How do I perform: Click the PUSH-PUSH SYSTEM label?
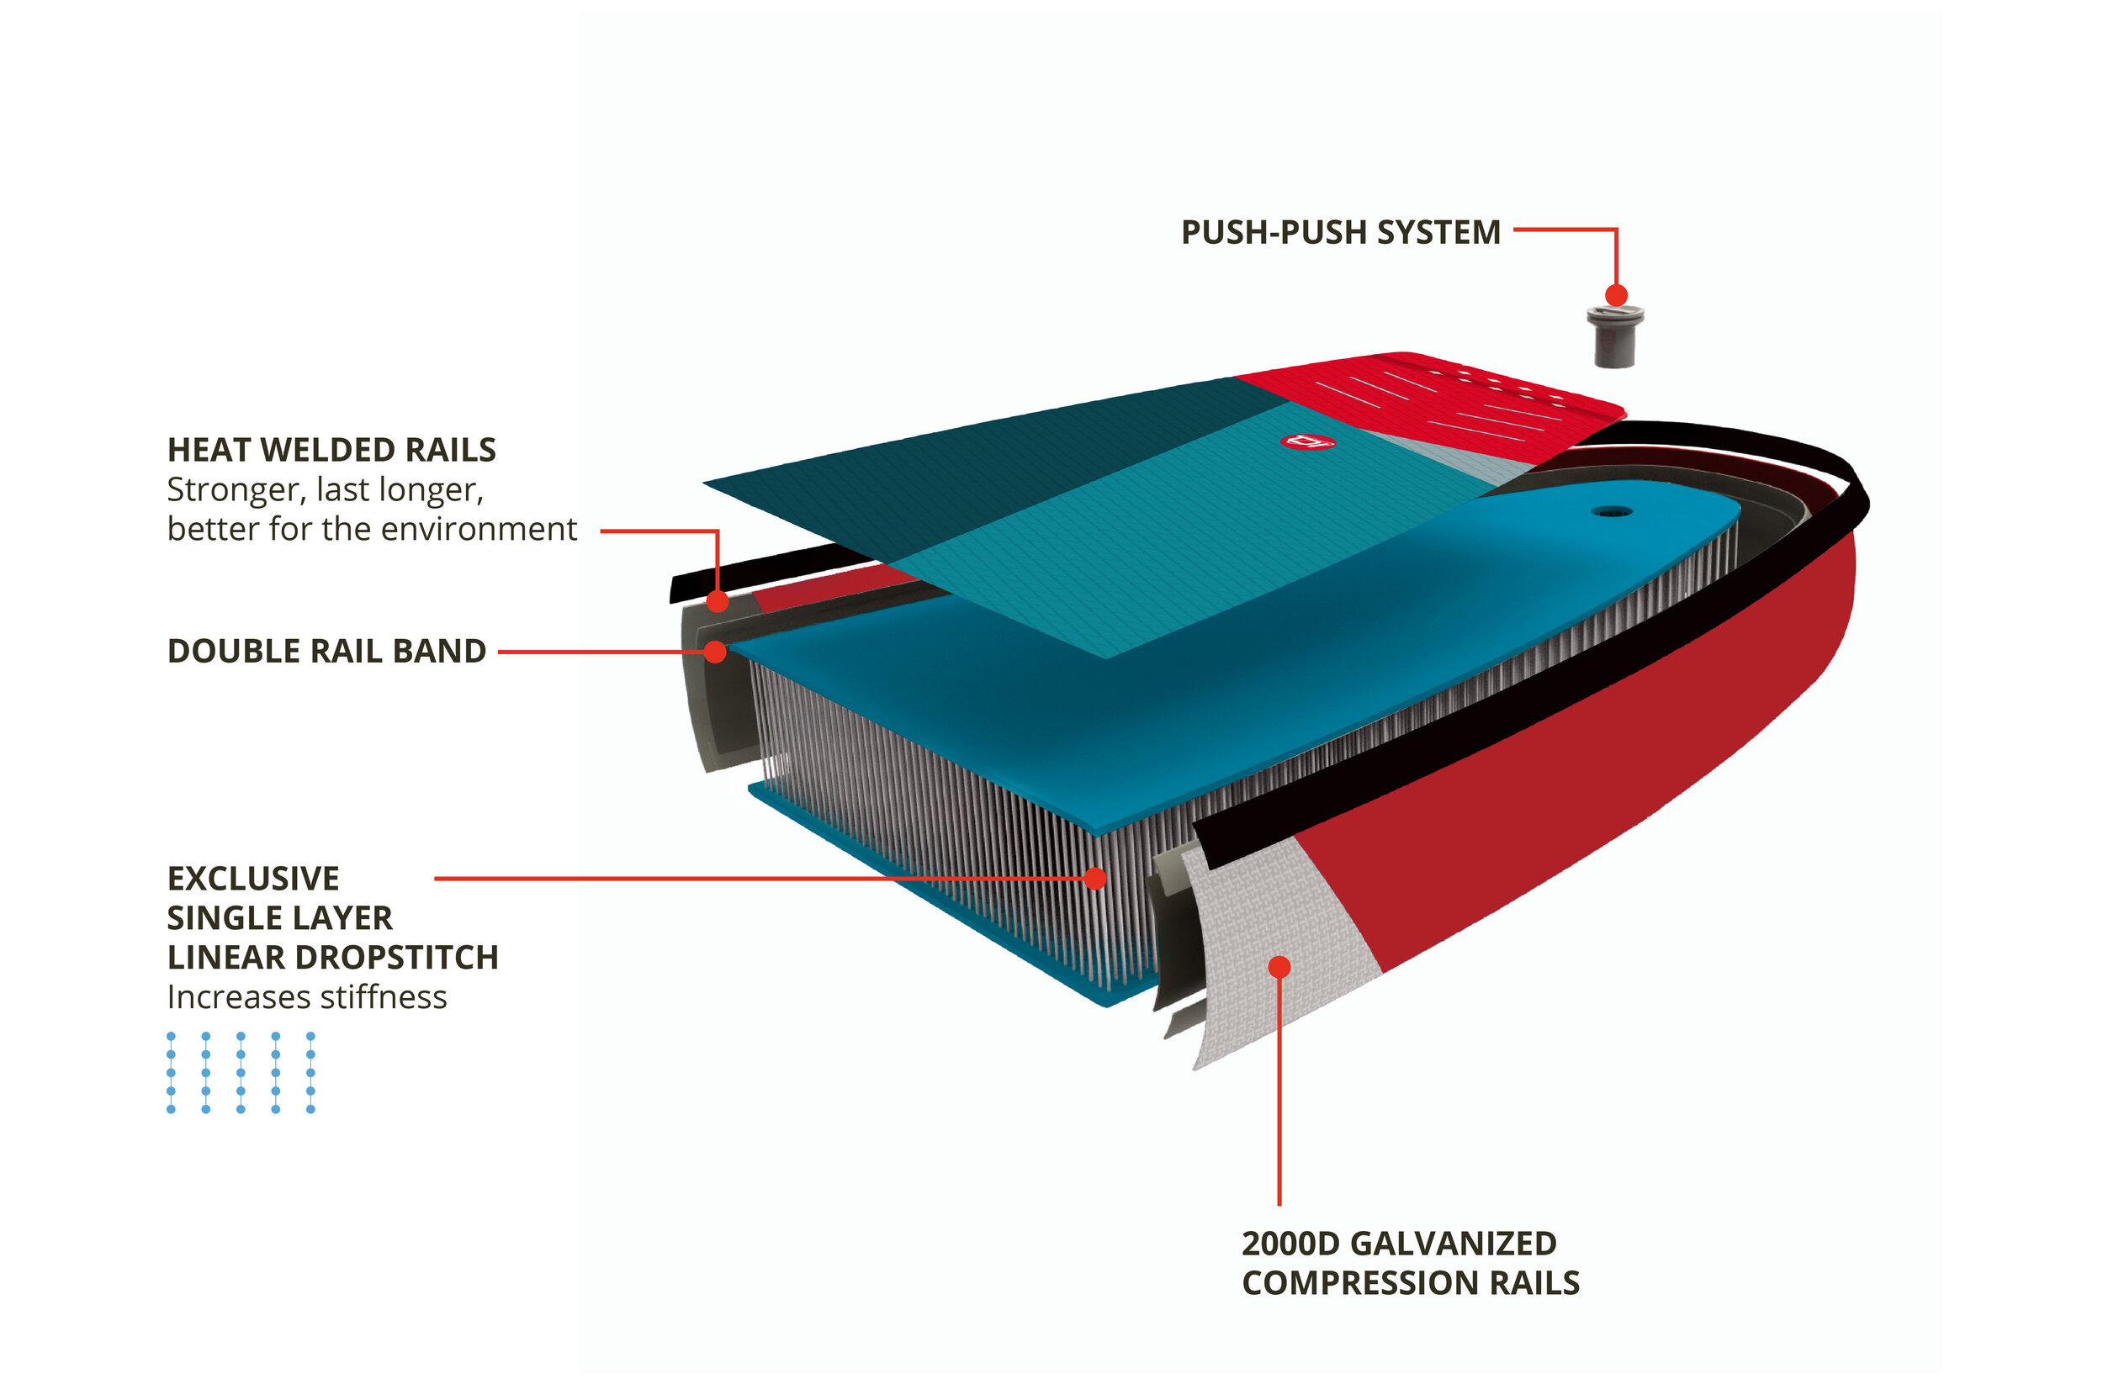point(1339,232)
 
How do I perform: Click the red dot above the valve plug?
point(1615,294)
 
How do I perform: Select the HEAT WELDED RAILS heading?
point(331,450)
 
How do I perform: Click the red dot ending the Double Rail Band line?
point(714,652)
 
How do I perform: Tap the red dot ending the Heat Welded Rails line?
point(717,601)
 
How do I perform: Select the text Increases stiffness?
point(306,996)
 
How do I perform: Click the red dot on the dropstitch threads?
point(1094,879)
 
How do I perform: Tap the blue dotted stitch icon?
point(241,1072)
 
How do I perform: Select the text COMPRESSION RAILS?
point(1410,1283)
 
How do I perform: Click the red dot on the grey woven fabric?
point(1279,967)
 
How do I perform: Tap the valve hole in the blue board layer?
point(1611,511)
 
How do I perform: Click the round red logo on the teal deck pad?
point(1307,441)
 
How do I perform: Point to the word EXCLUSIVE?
point(252,879)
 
